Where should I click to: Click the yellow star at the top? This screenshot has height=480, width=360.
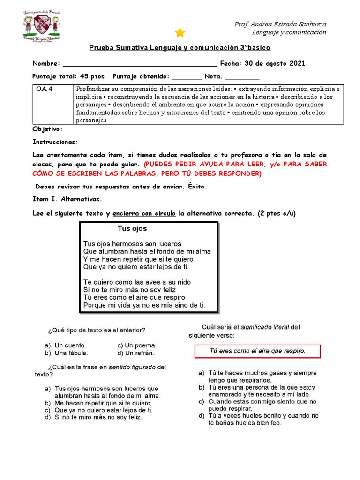click(180, 32)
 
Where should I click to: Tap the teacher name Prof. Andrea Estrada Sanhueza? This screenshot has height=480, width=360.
click(280, 24)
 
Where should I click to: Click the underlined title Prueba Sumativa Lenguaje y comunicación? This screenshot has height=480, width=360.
click(180, 48)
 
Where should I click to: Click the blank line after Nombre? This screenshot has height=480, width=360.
click(140, 64)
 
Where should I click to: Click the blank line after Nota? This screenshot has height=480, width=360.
click(242, 76)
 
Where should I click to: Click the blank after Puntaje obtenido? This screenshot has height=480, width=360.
click(187, 76)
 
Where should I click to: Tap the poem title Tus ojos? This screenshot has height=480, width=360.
click(132, 229)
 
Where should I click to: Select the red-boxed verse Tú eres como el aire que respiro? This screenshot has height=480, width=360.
click(257, 351)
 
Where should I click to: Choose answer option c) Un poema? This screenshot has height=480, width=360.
click(137, 345)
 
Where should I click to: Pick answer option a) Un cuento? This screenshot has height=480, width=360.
click(66, 345)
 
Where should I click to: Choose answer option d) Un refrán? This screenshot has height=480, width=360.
click(136, 353)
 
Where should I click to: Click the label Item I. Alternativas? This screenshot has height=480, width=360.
click(66, 199)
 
